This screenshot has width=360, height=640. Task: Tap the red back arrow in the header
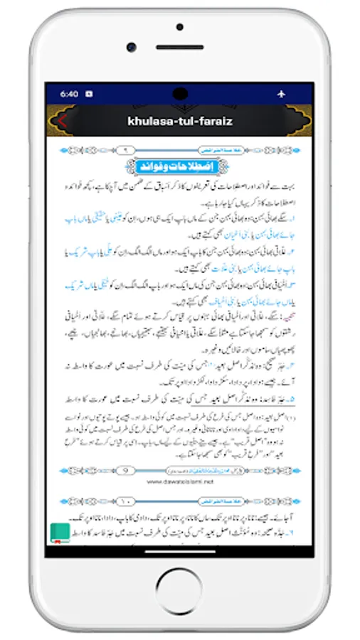[x=62, y=121]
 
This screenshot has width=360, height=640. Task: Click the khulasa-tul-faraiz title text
[x=180, y=121]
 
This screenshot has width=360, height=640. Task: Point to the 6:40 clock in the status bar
[x=69, y=93]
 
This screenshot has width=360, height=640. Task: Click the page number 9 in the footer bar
[x=126, y=470]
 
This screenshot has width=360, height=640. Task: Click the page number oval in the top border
[x=126, y=150]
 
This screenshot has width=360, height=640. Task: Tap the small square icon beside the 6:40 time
[x=89, y=93]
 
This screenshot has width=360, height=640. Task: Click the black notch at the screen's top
[x=180, y=93]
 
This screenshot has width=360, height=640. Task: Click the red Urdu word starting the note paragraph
[x=300, y=310]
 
